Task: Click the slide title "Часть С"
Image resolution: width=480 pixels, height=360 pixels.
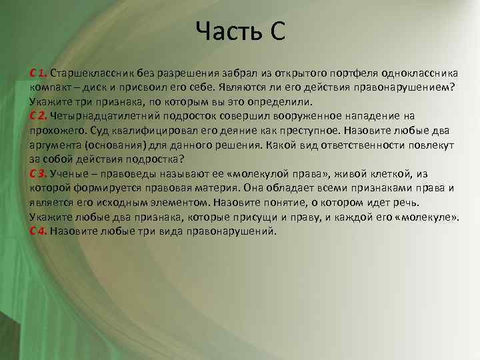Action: [241, 31]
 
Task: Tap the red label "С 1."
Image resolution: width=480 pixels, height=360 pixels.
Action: [38, 72]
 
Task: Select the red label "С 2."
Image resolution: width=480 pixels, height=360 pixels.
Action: [38, 115]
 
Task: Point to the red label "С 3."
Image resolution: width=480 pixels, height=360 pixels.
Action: [38, 173]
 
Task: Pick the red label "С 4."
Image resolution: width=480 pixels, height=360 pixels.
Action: [38, 231]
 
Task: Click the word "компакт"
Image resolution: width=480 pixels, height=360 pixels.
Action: [51, 87]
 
